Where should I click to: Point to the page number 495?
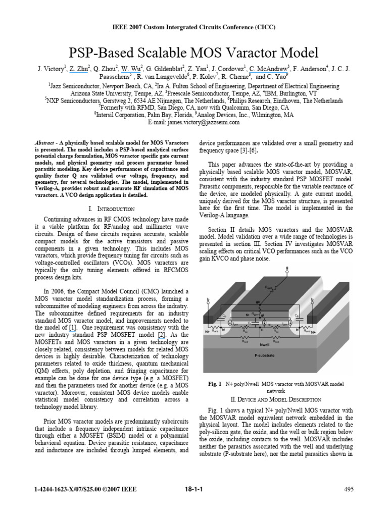349,489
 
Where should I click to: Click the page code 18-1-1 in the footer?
194,489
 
